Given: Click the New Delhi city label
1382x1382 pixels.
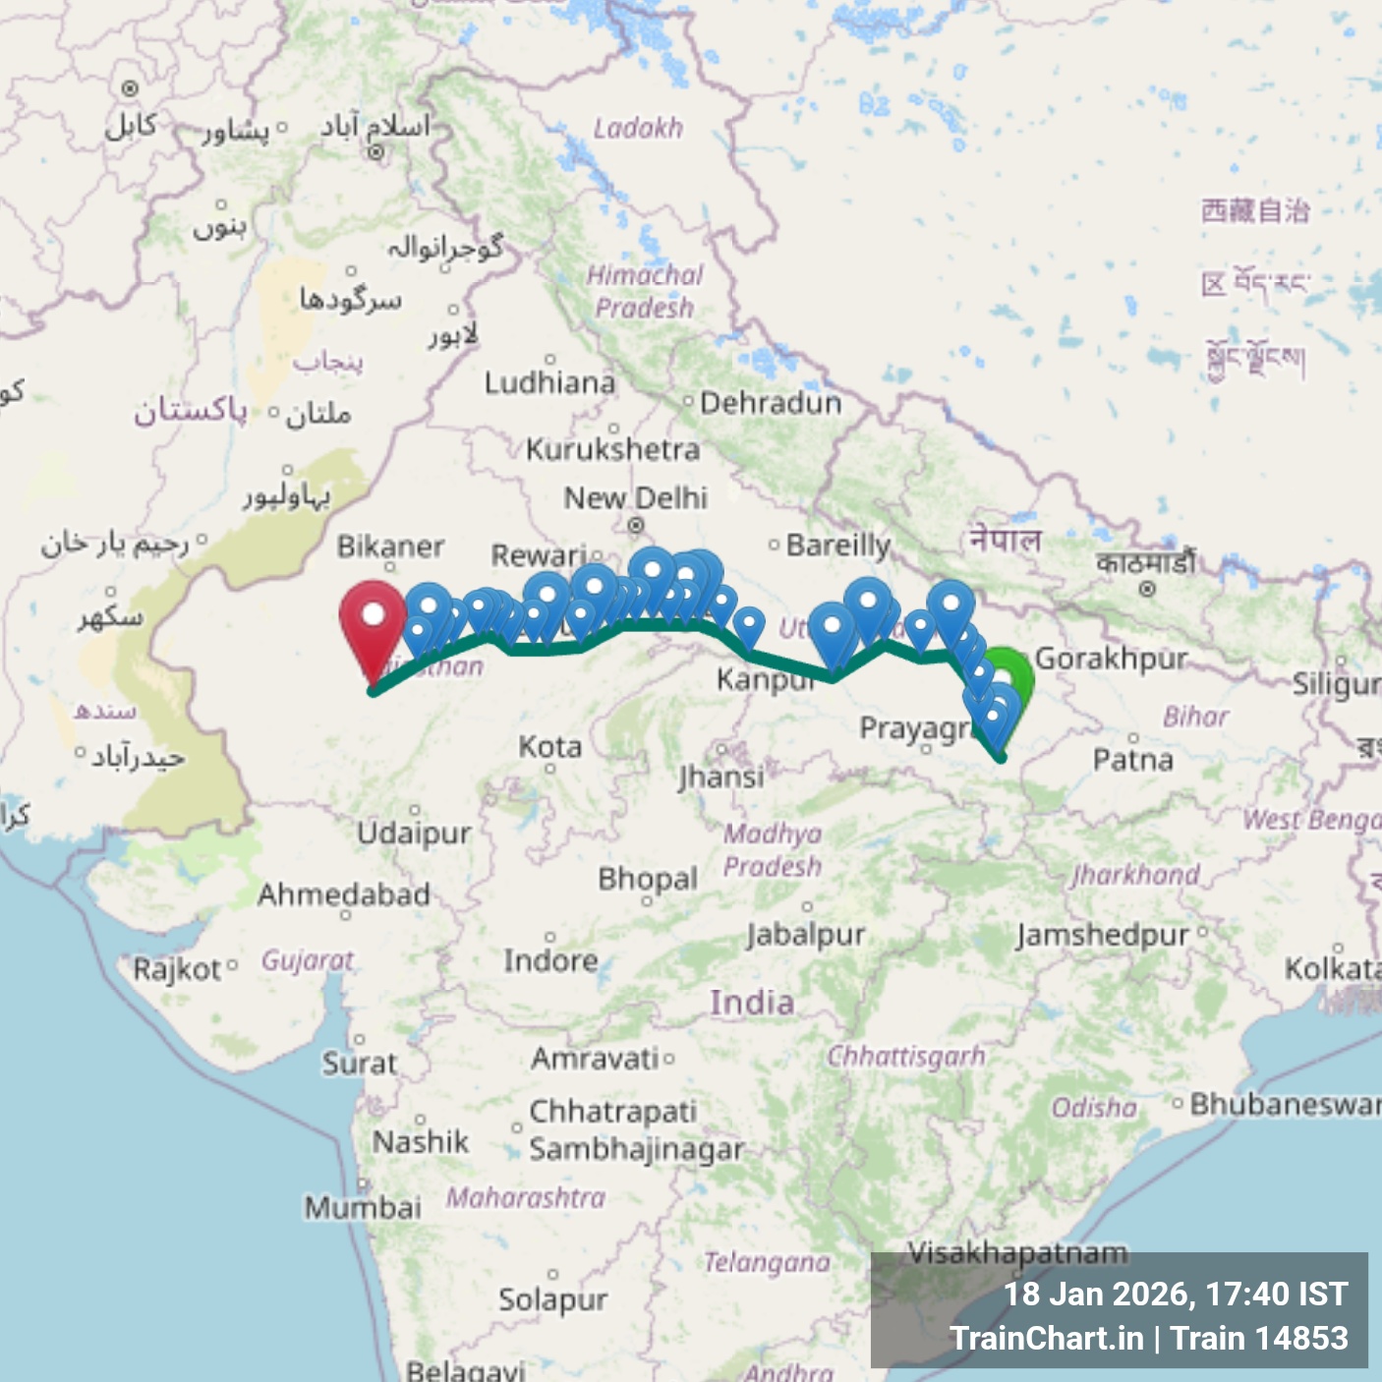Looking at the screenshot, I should tap(635, 497).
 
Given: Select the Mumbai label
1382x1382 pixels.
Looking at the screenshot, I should tap(362, 1206).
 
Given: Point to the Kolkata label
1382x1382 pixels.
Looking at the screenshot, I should tap(1332, 968).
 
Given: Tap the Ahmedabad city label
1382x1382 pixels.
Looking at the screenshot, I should tap(343, 894).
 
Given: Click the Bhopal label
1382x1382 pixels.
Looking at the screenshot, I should tap(648, 878).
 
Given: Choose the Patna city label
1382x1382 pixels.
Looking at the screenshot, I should tap(1132, 759).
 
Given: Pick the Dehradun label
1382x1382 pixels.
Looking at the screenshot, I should tap(770, 403).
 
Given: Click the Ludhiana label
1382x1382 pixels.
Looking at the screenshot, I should tap(549, 382).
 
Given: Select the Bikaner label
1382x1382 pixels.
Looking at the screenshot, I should tap(390, 546).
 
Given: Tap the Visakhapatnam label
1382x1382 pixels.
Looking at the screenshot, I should tap(1017, 1252).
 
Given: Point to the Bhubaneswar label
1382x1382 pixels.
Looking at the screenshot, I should tap(1284, 1104).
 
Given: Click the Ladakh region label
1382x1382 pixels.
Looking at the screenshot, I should tap(638, 128).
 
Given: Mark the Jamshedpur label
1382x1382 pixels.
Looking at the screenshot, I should tap(1102, 934).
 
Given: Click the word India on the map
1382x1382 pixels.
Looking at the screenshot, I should tap(752, 1003).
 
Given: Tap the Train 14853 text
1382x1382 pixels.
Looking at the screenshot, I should tap(1259, 1338).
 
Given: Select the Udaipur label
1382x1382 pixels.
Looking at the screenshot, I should tap(414, 833).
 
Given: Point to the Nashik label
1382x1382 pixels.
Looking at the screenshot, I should tap(421, 1141).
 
